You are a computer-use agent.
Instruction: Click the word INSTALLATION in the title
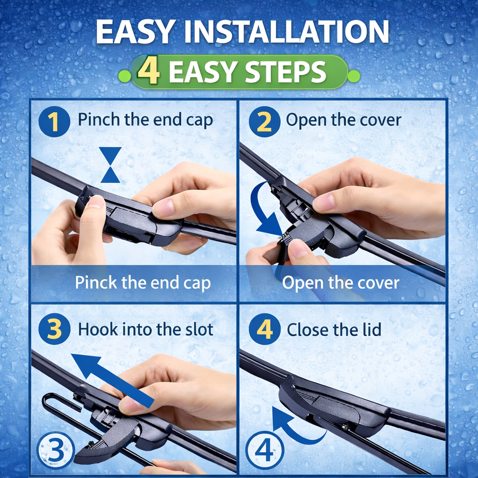(x=287, y=32)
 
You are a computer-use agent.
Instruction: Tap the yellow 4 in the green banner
(x=149, y=72)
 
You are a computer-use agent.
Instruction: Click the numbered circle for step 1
(x=54, y=121)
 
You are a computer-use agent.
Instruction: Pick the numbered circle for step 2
(x=264, y=121)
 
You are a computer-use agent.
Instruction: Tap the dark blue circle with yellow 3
(x=55, y=329)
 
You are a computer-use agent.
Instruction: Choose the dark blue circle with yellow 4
(x=264, y=329)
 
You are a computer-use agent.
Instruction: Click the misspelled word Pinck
(x=96, y=282)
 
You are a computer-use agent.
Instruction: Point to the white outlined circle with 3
(x=56, y=450)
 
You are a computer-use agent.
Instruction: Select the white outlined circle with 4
(x=264, y=450)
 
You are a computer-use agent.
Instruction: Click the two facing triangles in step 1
(x=111, y=165)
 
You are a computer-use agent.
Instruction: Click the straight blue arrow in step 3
(x=113, y=381)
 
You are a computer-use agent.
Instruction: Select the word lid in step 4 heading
(x=372, y=330)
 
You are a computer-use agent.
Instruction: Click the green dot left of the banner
(x=124, y=76)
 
